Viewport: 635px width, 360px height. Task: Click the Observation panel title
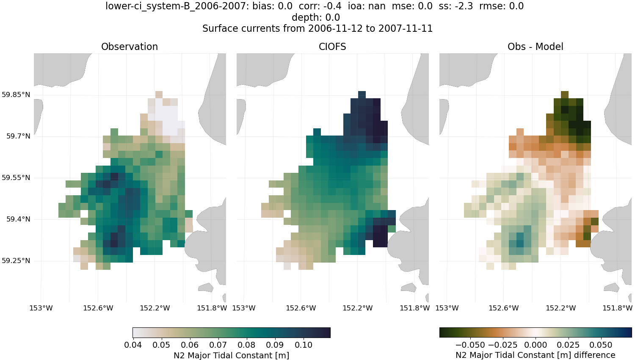pos(130,47)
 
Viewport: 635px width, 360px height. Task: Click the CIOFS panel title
pos(332,47)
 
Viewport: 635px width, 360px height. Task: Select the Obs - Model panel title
pos(535,47)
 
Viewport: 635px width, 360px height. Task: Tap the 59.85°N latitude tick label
pos(16,94)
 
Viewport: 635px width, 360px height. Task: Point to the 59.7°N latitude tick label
pos(18,136)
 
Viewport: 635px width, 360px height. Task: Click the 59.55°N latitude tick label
pos(16,177)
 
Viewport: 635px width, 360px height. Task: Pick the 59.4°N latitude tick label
pos(18,219)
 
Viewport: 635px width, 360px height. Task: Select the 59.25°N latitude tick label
pos(16,260)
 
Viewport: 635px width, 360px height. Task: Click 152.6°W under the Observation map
pos(98,308)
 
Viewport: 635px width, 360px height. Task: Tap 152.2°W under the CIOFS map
pos(358,308)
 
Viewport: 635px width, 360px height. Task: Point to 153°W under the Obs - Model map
pos(447,308)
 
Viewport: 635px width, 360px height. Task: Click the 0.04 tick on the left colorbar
pos(133,345)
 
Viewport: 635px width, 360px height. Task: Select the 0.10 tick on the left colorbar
pos(304,345)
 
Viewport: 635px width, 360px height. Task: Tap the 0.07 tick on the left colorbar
pos(218,345)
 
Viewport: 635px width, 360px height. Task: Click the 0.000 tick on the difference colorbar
pos(536,345)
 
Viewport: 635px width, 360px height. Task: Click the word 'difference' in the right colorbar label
pos(594,355)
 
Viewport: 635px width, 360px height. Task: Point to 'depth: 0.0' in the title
pos(316,17)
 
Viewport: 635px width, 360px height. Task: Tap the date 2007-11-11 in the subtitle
pos(405,28)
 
